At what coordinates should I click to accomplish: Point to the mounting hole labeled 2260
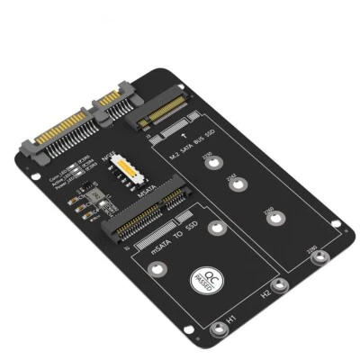click(x=278, y=218)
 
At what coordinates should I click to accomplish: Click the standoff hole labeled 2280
click(x=317, y=258)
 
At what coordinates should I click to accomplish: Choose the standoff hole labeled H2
click(x=280, y=287)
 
